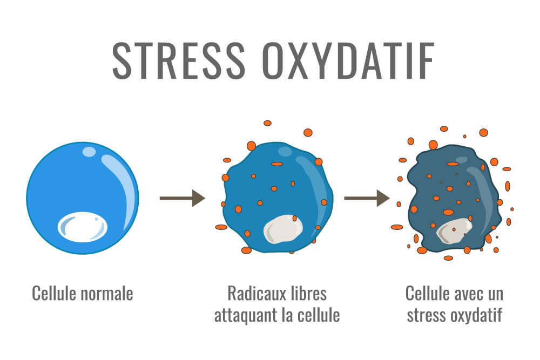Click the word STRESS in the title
178,61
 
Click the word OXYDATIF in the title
348,61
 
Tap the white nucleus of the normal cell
83,227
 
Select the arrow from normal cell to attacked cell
182,198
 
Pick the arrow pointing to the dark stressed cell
367,198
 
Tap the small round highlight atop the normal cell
89,152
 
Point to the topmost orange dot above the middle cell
268,123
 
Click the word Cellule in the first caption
53,294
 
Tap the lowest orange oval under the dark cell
448,258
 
